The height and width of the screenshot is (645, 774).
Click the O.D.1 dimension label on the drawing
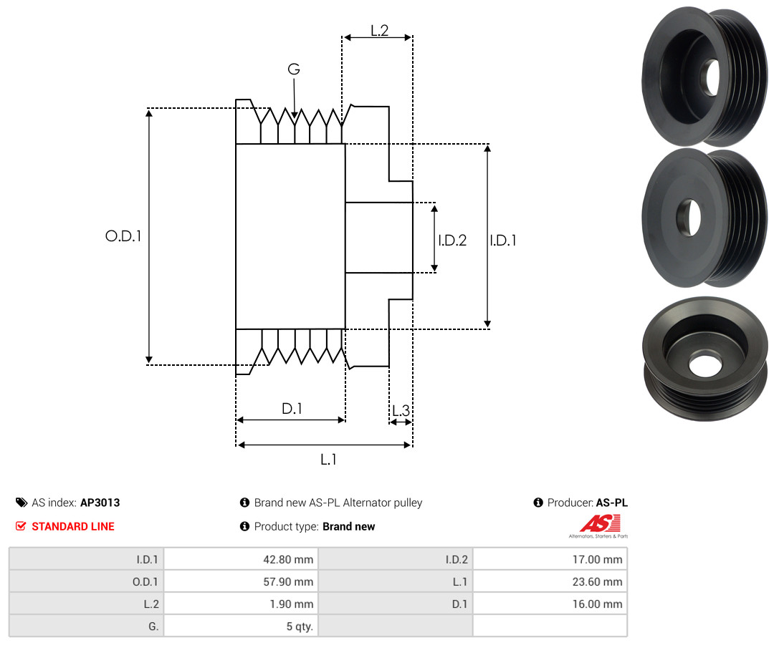[x=123, y=236]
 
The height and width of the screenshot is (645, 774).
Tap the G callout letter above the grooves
[x=294, y=69]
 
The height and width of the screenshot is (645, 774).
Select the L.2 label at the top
[x=380, y=31]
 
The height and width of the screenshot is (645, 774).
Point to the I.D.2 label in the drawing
[x=452, y=240]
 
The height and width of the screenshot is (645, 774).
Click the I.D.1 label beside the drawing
[x=503, y=240]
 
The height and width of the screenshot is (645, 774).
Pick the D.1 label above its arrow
[x=292, y=408]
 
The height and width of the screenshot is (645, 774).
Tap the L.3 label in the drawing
[x=401, y=410]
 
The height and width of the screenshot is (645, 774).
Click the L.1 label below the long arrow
[x=328, y=460]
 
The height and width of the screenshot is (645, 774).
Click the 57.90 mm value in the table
[x=288, y=582]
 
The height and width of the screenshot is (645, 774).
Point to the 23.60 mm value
[x=597, y=582]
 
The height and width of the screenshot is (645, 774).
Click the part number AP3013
[x=100, y=503]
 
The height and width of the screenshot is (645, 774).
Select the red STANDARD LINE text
[x=73, y=527]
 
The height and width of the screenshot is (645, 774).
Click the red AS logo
[x=601, y=523]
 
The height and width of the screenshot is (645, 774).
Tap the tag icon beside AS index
[x=21, y=503]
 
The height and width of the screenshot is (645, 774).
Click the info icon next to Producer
[x=538, y=503]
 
